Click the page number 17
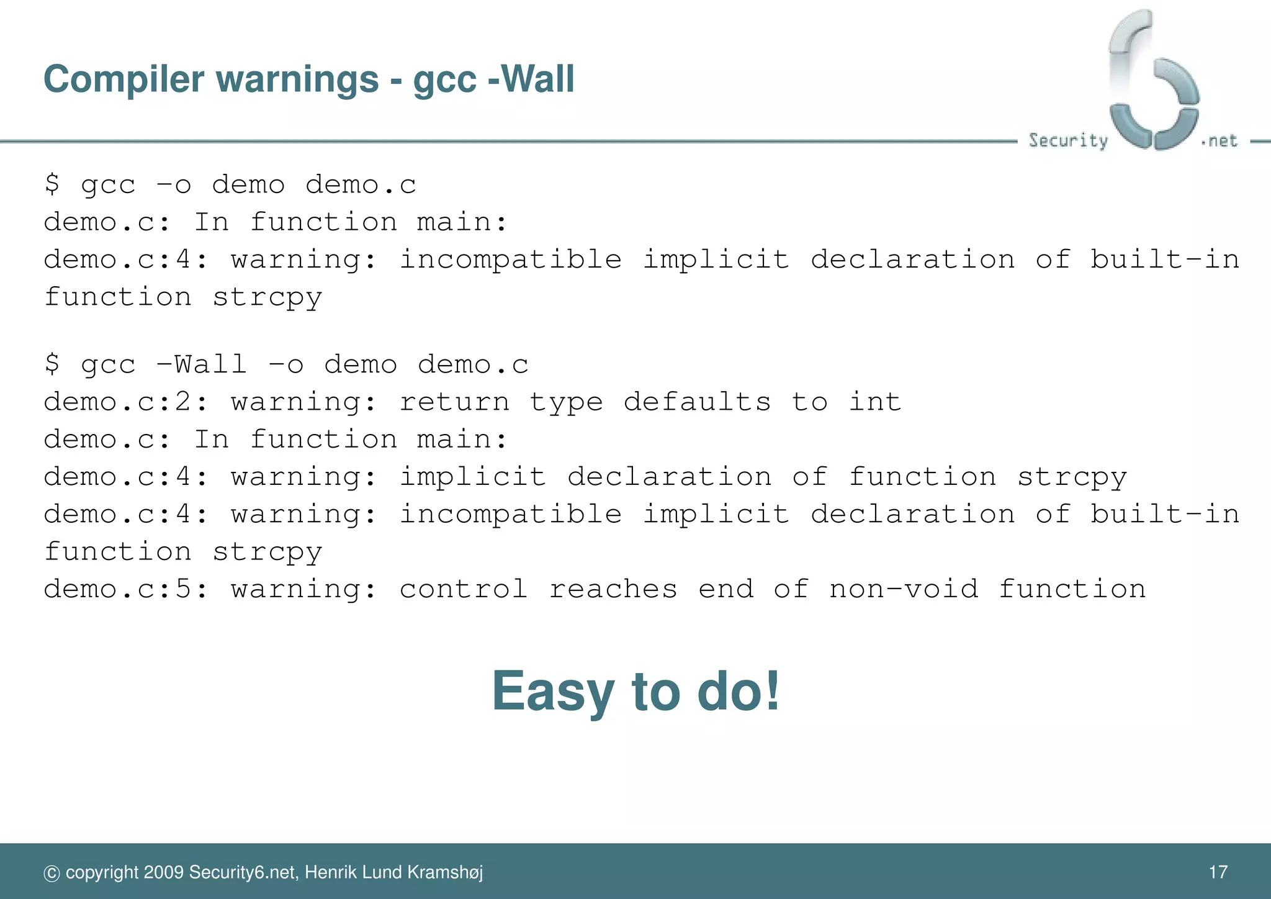click(x=1218, y=872)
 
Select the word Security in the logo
click(x=1068, y=140)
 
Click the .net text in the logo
click(x=1219, y=141)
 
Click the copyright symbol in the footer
click(x=52, y=874)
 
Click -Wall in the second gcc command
click(x=202, y=364)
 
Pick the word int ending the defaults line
click(x=874, y=402)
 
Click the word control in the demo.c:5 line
click(x=464, y=589)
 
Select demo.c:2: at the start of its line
click(x=126, y=402)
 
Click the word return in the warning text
click(x=454, y=402)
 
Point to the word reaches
click(x=613, y=589)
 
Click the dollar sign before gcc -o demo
click(x=52, y=184)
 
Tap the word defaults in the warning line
click(x=697, y=402)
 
